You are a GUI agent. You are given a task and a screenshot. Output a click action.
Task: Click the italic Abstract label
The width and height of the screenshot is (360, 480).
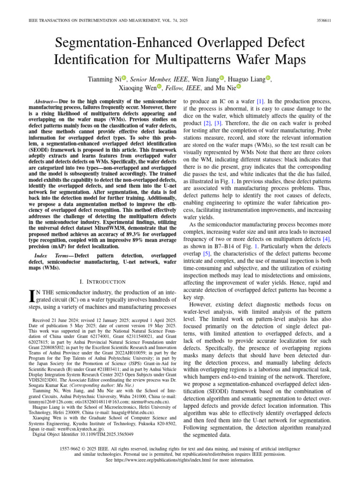[47, 102]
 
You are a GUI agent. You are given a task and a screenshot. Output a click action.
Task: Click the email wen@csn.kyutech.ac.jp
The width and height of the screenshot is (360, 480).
[87, 427]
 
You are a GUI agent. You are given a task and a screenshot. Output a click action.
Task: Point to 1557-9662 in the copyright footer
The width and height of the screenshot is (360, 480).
[71, 449]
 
